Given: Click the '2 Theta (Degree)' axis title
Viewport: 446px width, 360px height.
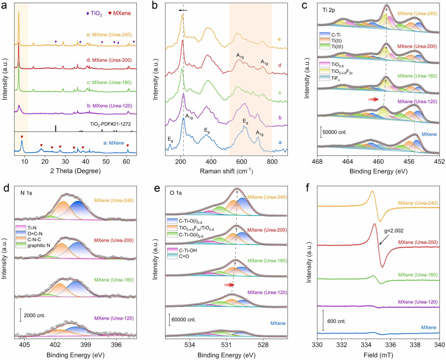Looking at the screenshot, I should [x=75, y=171].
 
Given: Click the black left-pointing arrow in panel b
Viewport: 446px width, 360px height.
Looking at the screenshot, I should [x=182, y=10].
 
